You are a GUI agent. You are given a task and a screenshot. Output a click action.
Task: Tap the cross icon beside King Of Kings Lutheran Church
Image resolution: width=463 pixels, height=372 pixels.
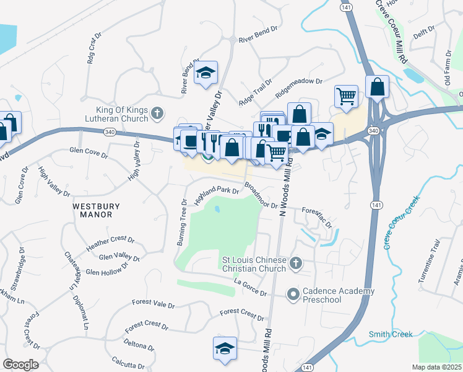pos(157,113)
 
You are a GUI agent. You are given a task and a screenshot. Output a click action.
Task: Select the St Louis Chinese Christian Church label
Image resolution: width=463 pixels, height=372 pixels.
pos(254,264)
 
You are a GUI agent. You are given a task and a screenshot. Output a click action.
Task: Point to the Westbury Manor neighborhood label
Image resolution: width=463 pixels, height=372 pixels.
pos(92,210)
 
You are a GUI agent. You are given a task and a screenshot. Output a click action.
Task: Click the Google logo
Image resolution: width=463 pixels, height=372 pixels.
pos(20,364)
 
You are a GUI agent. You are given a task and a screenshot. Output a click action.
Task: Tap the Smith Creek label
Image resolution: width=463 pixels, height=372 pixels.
pos(391,335)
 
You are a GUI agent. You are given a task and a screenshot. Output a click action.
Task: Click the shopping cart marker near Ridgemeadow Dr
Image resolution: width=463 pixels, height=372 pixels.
pos(346,96)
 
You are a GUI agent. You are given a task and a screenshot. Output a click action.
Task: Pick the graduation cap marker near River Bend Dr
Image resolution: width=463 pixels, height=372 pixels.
pos(206,73)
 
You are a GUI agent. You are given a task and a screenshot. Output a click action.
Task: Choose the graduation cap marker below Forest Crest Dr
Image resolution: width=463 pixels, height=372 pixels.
pos(225,348)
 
